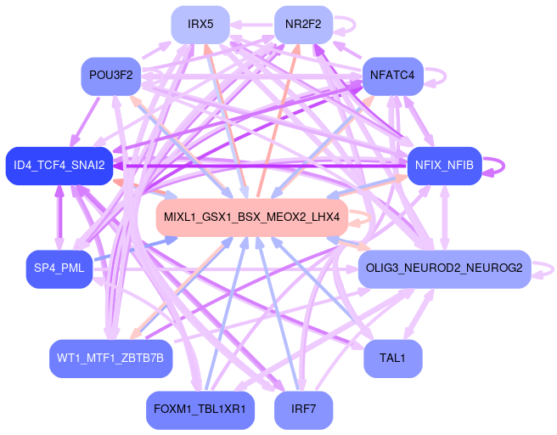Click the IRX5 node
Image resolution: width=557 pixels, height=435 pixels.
click(x=200, y=24)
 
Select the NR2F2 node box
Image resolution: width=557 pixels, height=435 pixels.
click(x=303, y=24)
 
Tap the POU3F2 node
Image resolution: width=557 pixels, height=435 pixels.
click(x=110, y=76)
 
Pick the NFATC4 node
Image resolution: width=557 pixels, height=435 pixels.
click(x=392, y=76)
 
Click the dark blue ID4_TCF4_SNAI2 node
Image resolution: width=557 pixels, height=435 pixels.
click(x=59, y=165)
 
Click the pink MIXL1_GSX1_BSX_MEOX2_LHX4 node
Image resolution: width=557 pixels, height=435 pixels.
click(x=251, y=217)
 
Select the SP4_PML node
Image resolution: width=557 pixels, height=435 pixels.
click(x=59, y=269)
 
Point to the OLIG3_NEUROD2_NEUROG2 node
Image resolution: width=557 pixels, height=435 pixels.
click(x=444, y=269)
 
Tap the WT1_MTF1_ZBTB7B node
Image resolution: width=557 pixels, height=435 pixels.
click(x=110, y=359)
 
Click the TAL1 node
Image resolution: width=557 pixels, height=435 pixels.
click(x=392, y=359)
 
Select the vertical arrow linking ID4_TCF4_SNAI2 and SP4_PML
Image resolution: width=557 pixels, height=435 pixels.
click(x=59, y=217)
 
